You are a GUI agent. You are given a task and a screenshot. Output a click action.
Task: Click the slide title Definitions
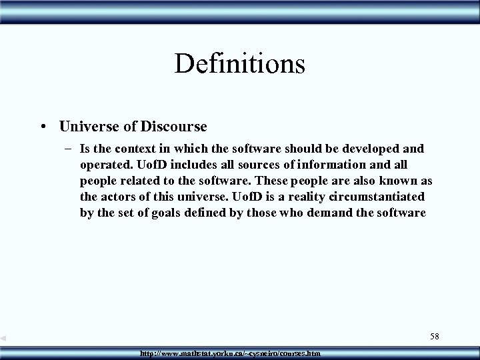tap(239, 64)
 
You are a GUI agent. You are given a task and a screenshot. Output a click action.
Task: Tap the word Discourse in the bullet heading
tap(173, 125)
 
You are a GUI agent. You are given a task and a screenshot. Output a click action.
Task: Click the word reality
tap(301, 198)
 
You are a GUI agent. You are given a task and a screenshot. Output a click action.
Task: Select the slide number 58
tap(435, 337)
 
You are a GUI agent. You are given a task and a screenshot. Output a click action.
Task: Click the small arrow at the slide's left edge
tap(5, 339)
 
